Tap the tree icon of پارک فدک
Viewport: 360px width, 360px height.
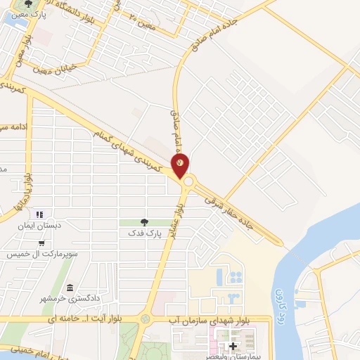[146, 221]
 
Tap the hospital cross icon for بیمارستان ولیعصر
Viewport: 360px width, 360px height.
[233, 346]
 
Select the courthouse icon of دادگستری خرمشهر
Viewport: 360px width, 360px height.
[70, 288]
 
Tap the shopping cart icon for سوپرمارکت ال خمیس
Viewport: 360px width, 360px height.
[43, 243]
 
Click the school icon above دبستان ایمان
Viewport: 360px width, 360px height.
[39, 214]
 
